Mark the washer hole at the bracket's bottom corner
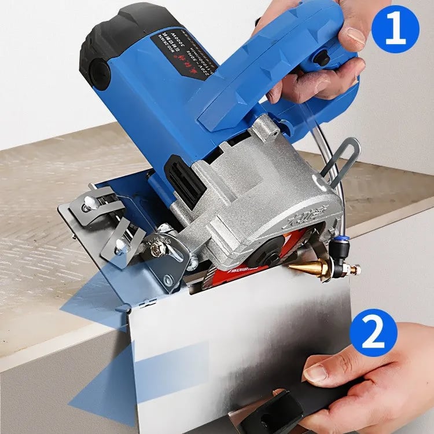coord(168,282)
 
